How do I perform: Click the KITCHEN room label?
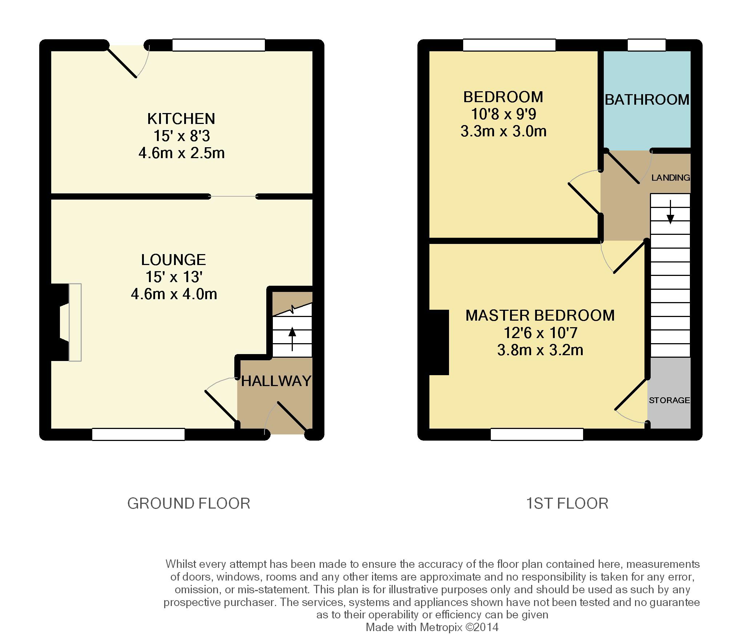pos(181,119)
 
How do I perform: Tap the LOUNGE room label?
pos(174,260)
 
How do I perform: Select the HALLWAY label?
pos(276,381)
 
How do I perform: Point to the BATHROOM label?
pos(647,100)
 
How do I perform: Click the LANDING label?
pos(671,177)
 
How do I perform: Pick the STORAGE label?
pos(669,400)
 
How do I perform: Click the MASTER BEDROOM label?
pos(540,316)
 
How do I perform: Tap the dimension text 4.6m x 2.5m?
pos(182,153)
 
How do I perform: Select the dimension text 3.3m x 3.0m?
pos(504,131)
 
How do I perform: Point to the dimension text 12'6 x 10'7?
pos(540,333)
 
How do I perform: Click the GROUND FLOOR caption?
pos(189,503)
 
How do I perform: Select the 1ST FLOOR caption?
pos(567,503)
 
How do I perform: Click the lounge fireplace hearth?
pos(75,322)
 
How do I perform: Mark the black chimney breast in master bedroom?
pos(439,342)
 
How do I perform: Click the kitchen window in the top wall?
pos(219,45)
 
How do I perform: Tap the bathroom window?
pos(647,45)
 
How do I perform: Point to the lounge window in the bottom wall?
pos(138,434)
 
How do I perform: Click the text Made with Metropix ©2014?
pos(432,627)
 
